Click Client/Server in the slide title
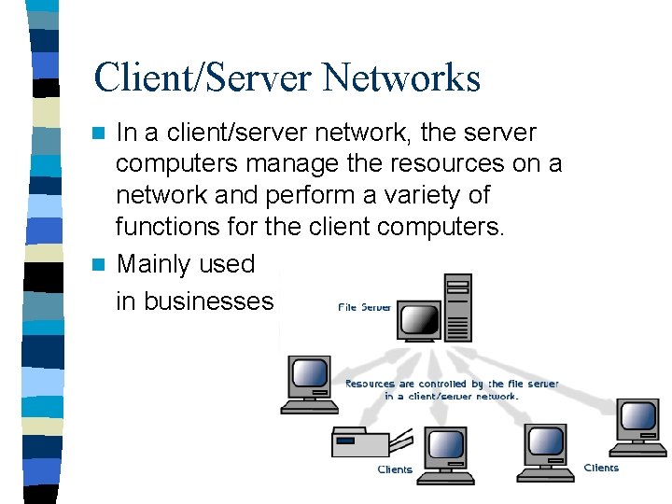[203, 77]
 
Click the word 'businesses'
[194, 301]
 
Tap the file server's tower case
[457, 308]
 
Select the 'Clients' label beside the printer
[395, 469]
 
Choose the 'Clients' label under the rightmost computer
[601, 468]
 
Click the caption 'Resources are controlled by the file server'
[453, 384]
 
